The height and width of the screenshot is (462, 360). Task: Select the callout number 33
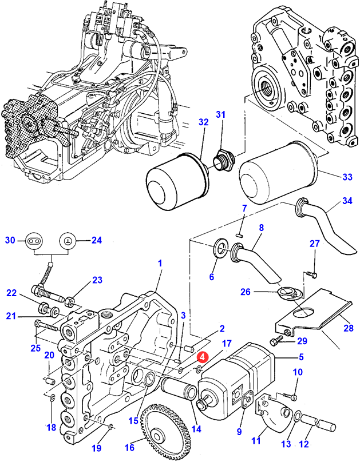[347, 177]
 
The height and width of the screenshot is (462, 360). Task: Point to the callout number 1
[160, 264]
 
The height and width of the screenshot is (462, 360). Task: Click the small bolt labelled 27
[311, 275]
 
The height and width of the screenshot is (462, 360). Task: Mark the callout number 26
[245, 292]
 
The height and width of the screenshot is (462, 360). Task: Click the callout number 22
[12, 293]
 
